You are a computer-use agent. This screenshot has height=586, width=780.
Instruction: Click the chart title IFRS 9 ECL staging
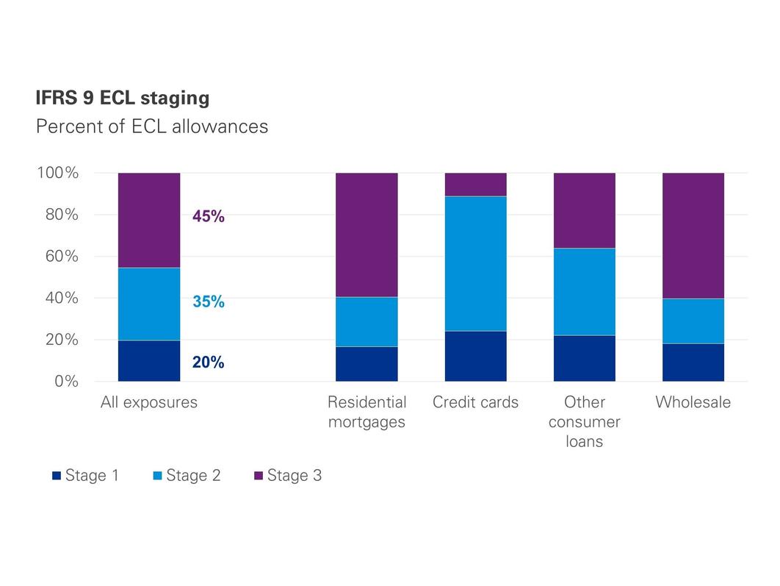122,99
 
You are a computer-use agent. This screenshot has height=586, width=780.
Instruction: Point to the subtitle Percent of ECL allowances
151,126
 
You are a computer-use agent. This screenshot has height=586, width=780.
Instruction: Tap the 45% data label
208,216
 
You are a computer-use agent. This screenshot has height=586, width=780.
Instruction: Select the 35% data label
208,301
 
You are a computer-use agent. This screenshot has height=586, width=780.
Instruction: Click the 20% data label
208,362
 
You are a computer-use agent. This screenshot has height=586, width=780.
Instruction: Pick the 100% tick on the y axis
57,174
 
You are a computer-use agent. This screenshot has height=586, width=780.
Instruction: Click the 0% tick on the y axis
65,382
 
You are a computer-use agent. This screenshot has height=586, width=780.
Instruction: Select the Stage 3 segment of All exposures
149,220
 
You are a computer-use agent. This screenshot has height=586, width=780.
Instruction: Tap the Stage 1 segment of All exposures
149,361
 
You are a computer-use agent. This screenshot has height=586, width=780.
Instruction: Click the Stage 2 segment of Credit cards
475,263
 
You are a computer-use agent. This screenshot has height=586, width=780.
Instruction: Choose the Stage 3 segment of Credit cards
475,185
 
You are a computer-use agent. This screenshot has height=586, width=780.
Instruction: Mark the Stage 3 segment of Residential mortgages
366,235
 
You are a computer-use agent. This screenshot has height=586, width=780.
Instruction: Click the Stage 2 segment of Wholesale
693,321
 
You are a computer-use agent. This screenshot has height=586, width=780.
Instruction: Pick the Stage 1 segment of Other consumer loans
584,359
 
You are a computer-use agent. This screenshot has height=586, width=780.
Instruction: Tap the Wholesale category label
693,403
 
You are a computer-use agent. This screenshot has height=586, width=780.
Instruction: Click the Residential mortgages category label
366,412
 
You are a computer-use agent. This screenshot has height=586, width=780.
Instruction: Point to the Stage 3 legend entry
287,476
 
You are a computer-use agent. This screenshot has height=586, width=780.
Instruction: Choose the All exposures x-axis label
149,403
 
